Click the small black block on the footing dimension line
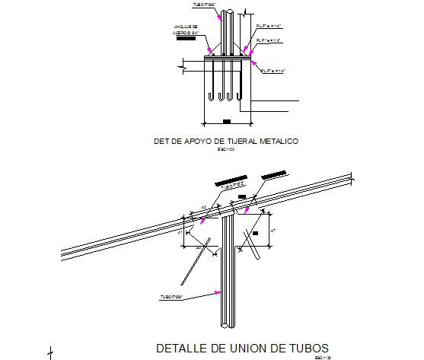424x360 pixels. pyautogui.click(x=227, y=121)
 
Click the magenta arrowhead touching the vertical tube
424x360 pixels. pyautogui.click(x=218, y=292)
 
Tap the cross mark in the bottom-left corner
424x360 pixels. pyautogui.click(x=50, y=351)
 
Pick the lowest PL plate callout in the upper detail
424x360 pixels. pyautogui.click(x=273, y=71)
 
